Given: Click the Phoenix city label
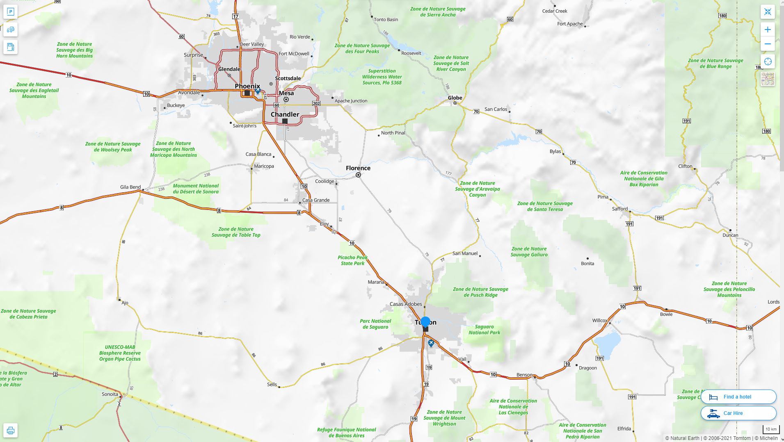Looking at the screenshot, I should pos(247,86).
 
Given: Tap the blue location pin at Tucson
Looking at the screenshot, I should pos(425,322).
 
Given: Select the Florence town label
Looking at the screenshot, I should pos(358,168).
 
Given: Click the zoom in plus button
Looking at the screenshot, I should pos(768,30).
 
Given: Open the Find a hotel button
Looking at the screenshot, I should pos(738,397).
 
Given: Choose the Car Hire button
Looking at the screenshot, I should pos(738,413).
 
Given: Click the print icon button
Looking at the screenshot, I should pos(11,431).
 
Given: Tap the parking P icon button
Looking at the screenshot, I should pos(11,12).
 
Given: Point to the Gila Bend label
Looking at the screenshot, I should pos(130,187).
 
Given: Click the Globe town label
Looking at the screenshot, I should pos(455,98).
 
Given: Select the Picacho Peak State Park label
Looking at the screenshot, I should pos(352,260).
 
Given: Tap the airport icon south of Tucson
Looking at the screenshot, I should pos(431,343).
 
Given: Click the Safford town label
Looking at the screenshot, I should pos(619,209).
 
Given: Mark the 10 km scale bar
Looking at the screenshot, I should pos(770,430).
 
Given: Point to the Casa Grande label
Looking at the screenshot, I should pos(315,200).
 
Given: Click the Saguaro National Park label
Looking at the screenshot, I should pos(484,330).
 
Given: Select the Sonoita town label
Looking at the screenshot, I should pos(110,394).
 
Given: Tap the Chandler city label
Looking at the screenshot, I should pos(285,114).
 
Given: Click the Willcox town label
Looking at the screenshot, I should pos(599,320).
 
